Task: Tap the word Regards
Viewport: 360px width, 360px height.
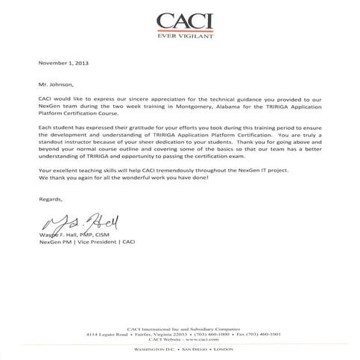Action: (51, 199)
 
